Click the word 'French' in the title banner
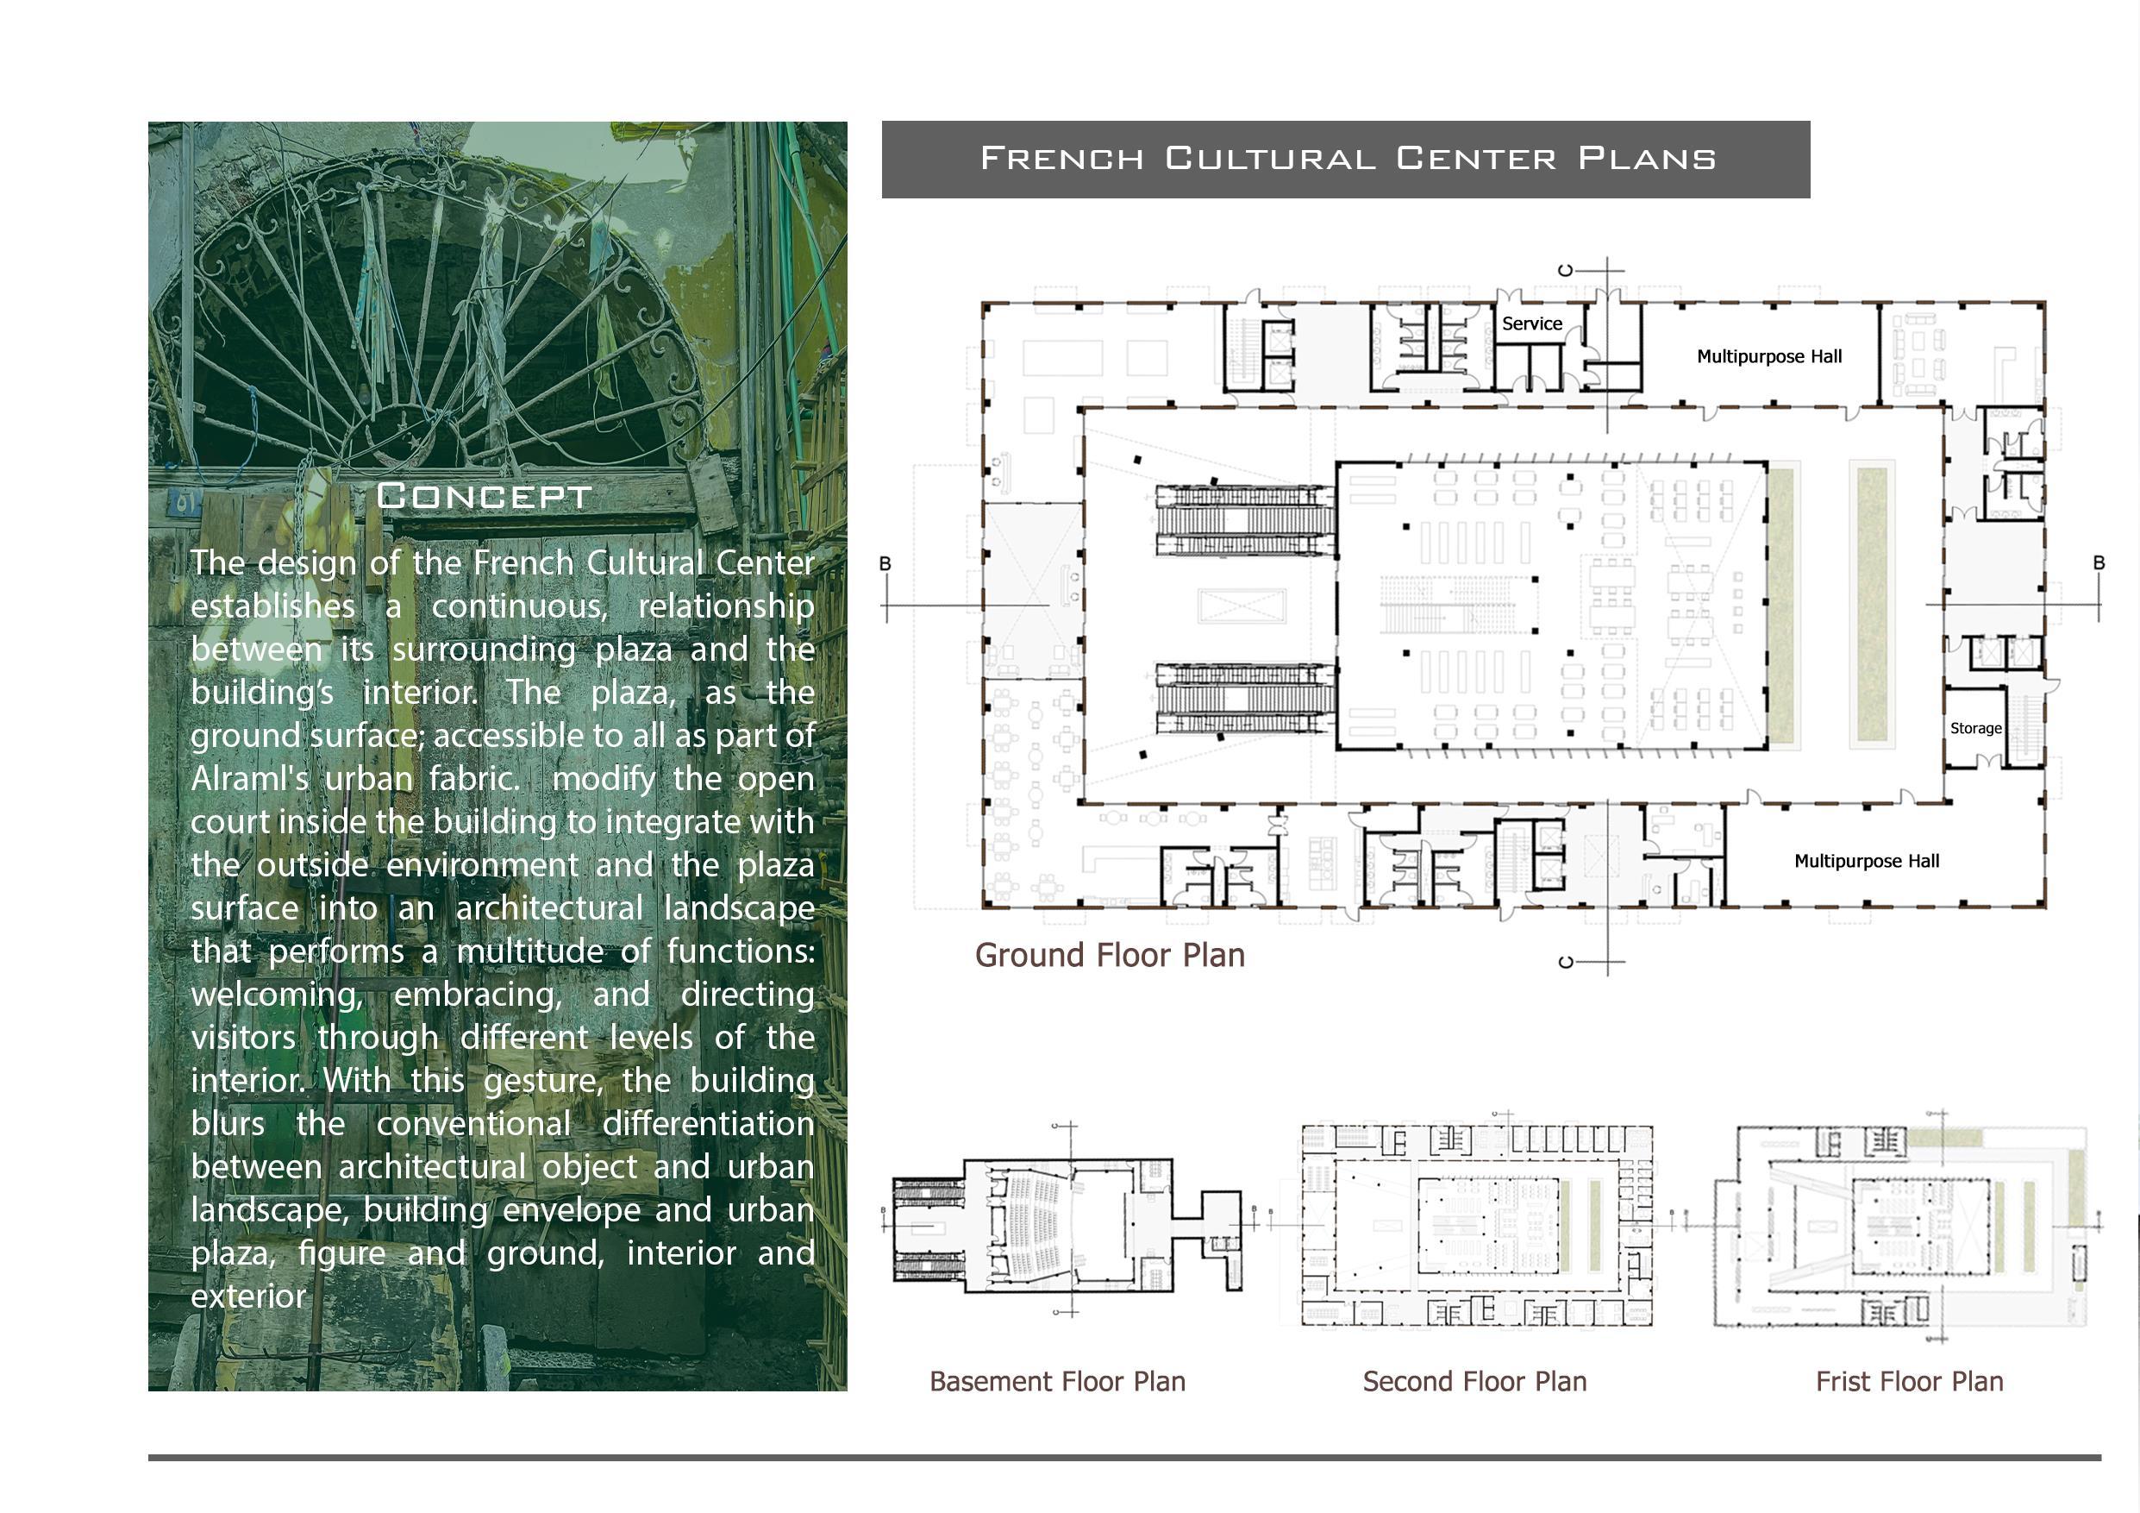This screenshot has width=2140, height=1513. pyautogui.click(x=1061, y=159)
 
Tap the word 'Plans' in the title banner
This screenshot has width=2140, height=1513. pyautogui.click(x=1647, y=159)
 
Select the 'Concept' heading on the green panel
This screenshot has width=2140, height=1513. pyautogui.click(x=484, y=496)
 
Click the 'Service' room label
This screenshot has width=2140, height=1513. pyautogui.click(x=1532, y=323)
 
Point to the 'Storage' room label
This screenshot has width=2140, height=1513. pyautogui.click(x=1975, y=728)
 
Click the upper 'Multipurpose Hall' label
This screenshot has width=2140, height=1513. pyautogui.click(x=1769, y=356)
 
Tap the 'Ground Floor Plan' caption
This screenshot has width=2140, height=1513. pyautogui.click(x=1109, y=956)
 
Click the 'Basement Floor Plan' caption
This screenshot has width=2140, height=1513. pyautogui.click(x=1057, y=1382)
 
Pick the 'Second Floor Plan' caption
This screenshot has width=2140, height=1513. pyautogui.click(x=1474, y=1382)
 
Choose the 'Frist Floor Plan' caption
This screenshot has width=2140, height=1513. pyautogui.click(x=1909, y=1382)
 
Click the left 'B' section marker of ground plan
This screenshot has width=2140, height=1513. pyautogui.click(x=885, y=564)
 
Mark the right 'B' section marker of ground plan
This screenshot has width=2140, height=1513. pyautogui.click(x=2099, y=563)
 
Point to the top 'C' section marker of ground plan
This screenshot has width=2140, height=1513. pyautogui.click(x=1566, y=270)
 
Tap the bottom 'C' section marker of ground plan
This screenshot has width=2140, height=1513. pyautogui.click(x=1566, y=961)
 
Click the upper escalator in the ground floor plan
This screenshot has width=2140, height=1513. pyautogui.click(x=1245, y=520)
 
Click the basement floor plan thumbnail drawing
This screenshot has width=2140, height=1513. pyautogui.click(x=1067, y=1224)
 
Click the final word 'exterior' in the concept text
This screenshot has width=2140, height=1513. pyautogui.click(x=248, y=1296)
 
